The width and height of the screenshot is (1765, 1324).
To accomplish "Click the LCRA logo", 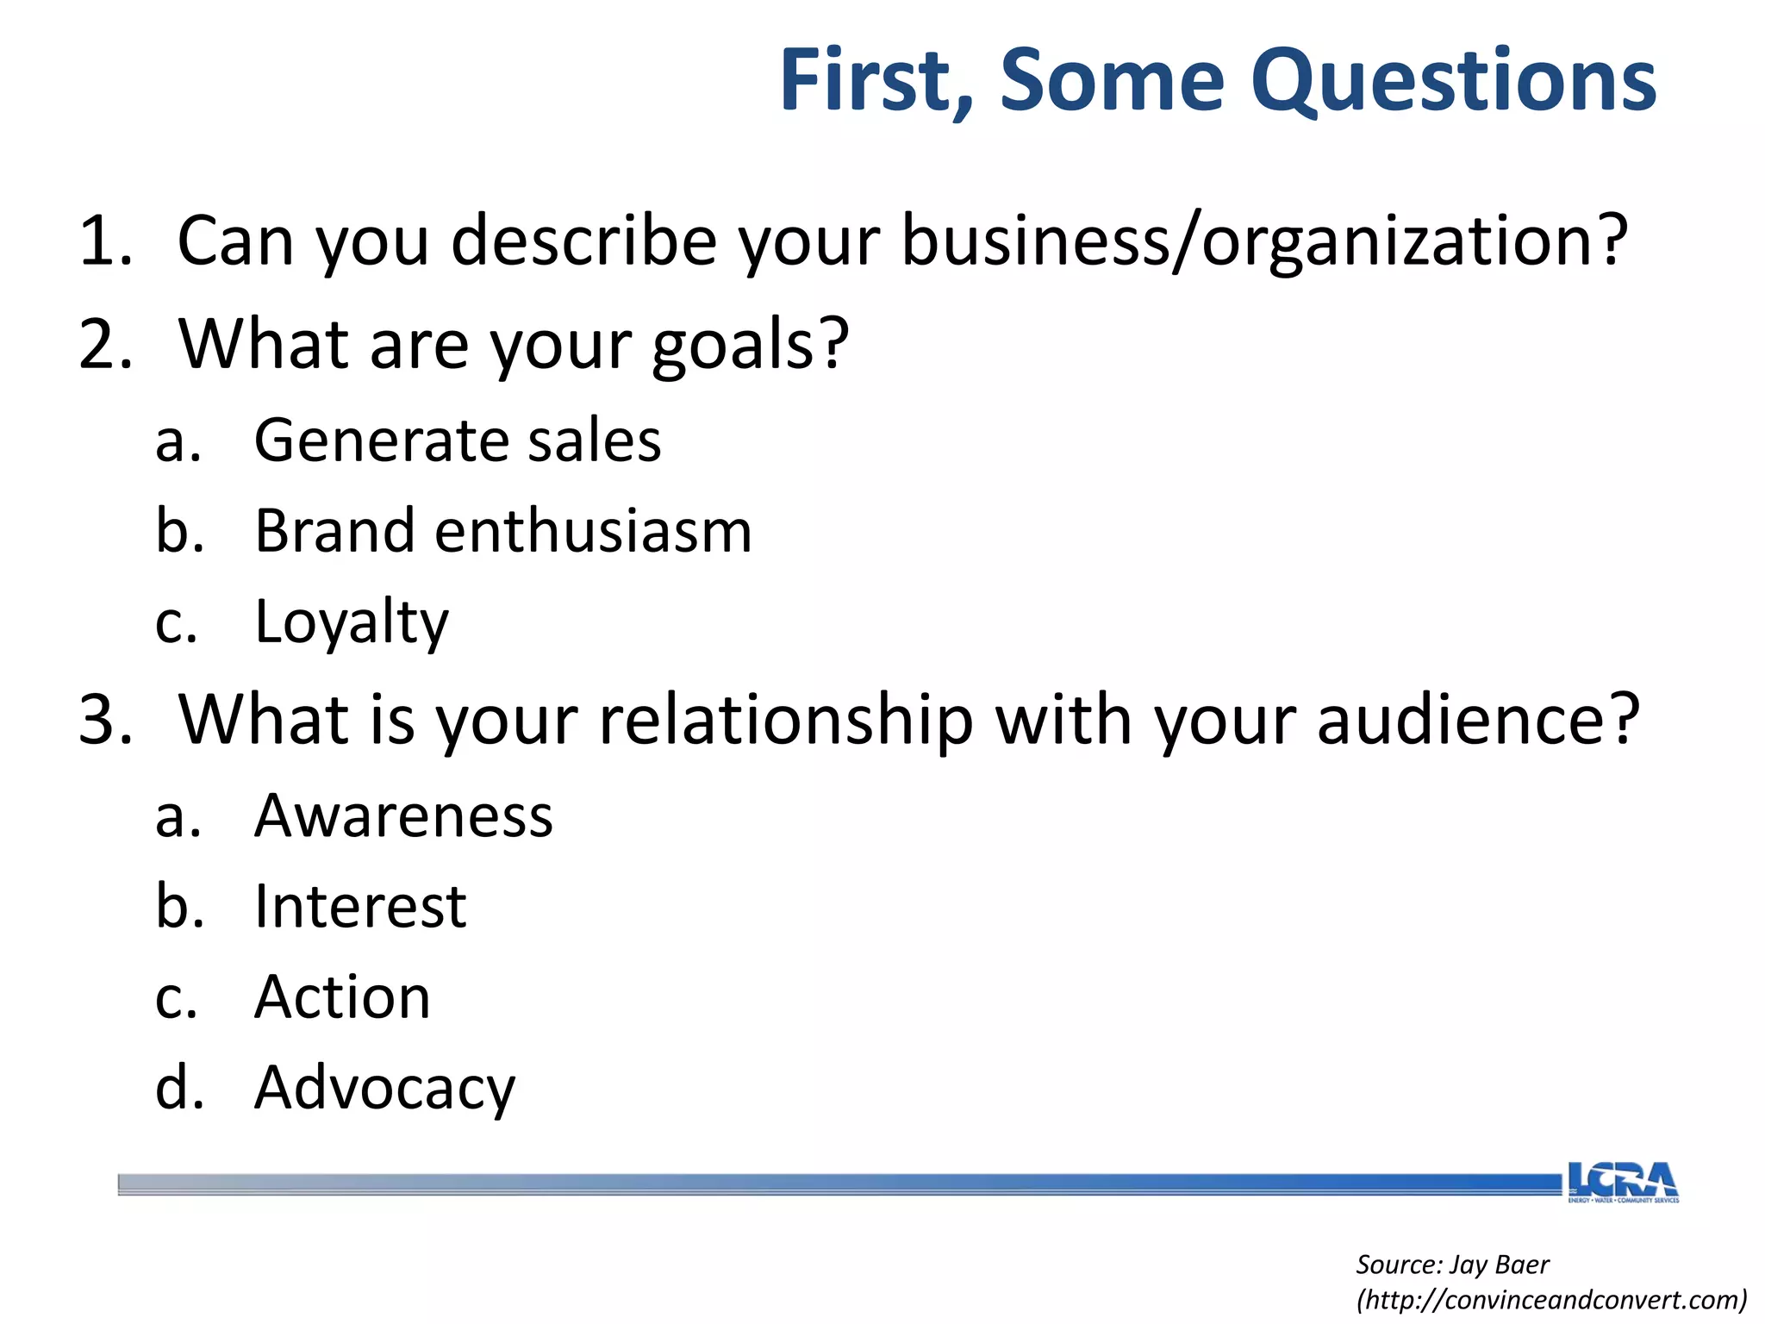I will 1623,1182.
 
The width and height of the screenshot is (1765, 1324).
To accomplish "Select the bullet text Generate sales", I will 458,440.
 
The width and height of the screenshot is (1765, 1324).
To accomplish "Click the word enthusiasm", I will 593,531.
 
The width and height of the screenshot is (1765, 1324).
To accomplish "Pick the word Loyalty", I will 352,621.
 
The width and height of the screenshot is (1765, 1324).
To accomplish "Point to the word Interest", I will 360,907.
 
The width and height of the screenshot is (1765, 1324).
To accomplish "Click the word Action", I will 342,997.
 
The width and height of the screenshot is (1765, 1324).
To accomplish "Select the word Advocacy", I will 384,1088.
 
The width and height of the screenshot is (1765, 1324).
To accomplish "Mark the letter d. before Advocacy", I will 179,1088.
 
